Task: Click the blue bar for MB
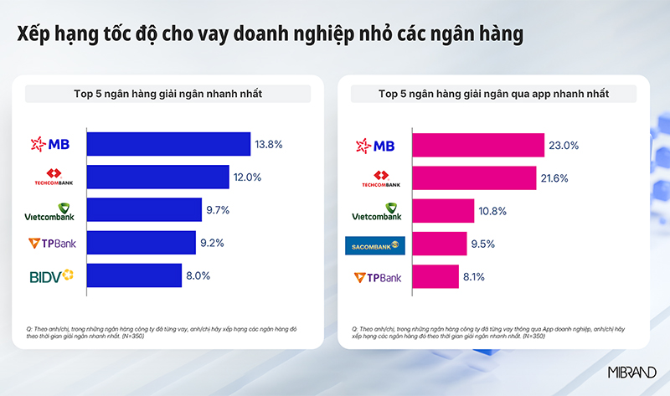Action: [168, 144]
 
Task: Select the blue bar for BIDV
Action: [134, 275]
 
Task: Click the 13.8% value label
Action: [269, 144]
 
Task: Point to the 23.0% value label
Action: [564, 145]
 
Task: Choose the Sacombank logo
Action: [375, 244]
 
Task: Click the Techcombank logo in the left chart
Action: [52, 177]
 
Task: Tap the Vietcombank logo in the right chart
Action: [377, 211]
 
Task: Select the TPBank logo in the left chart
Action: [52, 244]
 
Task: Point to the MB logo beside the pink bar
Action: [377, 145]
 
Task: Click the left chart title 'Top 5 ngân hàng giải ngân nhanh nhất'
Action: [168, 93]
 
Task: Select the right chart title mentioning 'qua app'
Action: [493, 93]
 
